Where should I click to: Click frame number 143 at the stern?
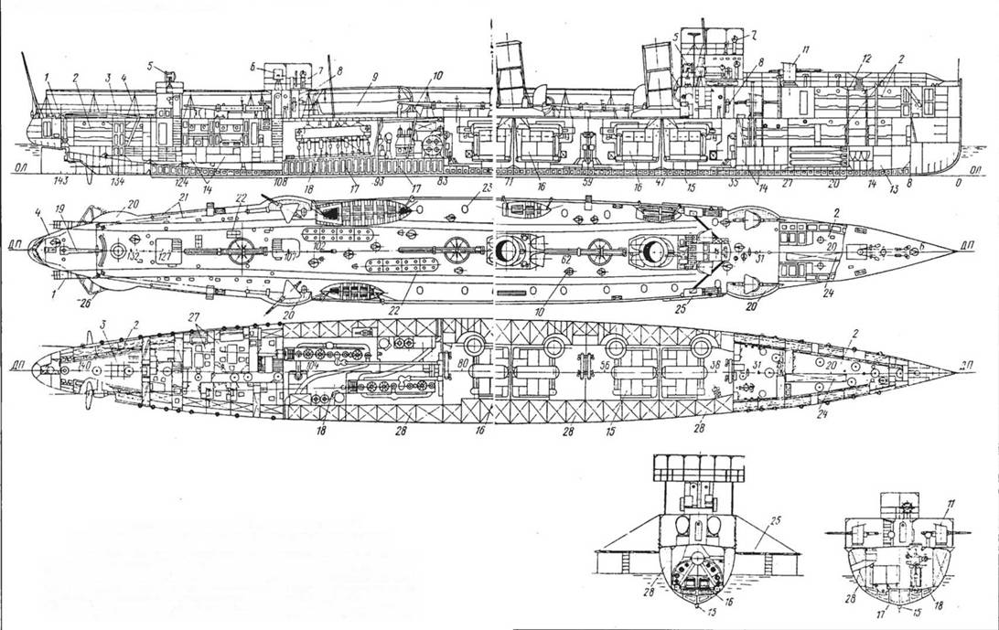[x=61, y=181]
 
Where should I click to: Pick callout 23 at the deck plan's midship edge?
[x=487, y=187]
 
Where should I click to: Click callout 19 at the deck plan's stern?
[x=59, y=209]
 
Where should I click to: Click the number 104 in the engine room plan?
[x=314, y=367]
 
